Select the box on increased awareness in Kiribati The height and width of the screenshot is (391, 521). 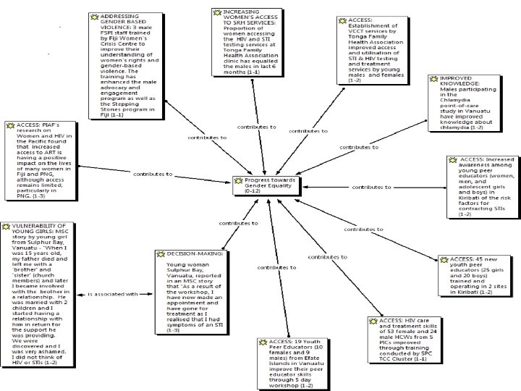pyautogui.click(x=481, y=186)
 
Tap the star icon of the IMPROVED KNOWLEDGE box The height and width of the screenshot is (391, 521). pyautogui.click(x=432, y=78)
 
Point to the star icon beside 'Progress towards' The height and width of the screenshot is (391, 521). pyautogui.click(x=239, y=180)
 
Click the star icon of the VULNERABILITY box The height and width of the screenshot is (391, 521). pyautogui.click(x=7, y=227)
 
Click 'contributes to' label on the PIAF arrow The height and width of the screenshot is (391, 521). pyautogui.click(x=152, y=175)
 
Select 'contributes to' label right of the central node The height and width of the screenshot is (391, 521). pyautogui.click(x=372, y=187)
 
